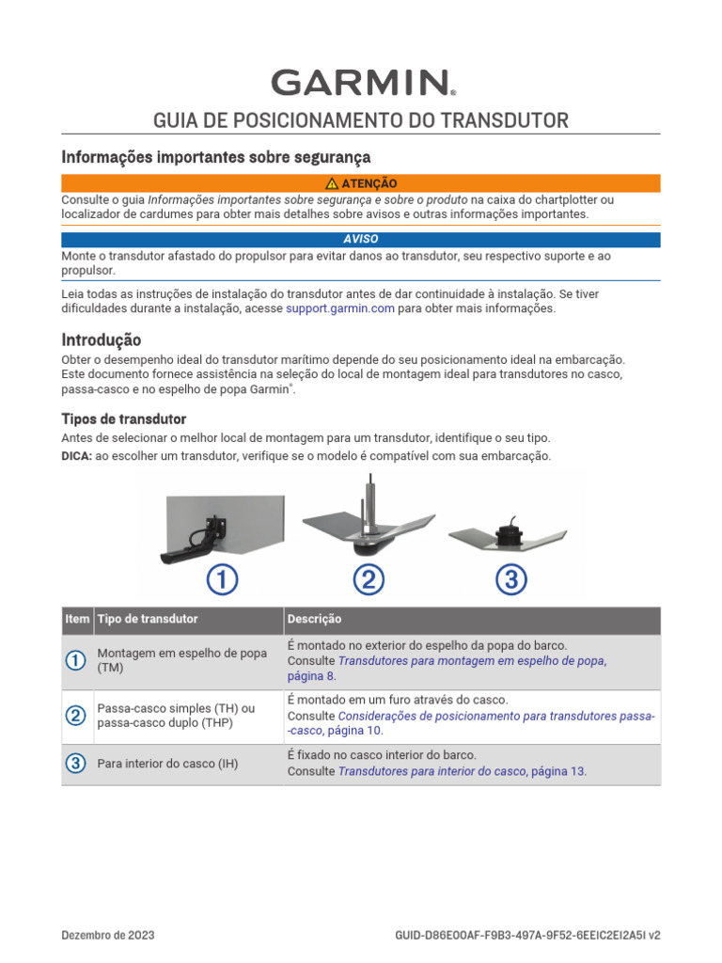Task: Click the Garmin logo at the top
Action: coord(362,83)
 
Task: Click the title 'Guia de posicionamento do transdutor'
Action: coord(361,120)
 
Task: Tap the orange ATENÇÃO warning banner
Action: coord(361,183)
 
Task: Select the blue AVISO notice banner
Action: coord(361,239)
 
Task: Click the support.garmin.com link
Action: coord(339,308)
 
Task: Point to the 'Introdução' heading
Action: coord(102,339)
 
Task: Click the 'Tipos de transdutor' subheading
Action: coord(124,418)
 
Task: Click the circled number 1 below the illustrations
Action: coord(222,581)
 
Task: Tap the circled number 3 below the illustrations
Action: coord(510,581)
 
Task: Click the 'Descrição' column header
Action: coord(315,620)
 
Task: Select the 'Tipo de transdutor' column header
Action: coord(148,620)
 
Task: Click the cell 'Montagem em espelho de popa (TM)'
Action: coord(182,661)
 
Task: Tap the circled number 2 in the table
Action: coord(76,717)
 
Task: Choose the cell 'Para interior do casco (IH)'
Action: coord(167,764)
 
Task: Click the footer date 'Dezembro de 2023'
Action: coord(108,936)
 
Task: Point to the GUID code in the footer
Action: coord(527,936)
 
